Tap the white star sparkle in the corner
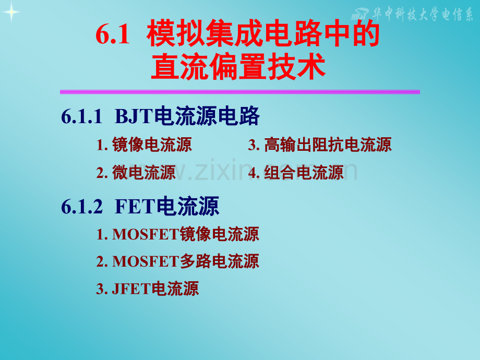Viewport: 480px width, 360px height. [x=11, y=12]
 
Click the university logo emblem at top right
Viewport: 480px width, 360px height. [x=360, y=14]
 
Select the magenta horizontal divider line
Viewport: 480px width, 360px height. [x=239, y=92]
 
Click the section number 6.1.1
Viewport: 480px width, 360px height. [x=81, y=117]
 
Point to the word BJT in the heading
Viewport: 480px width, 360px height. [x=134, y=117]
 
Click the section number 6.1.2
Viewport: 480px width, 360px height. [x=82, y=207]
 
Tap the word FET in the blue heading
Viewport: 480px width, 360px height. [x=136, y=207]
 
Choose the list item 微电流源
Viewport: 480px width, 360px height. [x=144, y=172]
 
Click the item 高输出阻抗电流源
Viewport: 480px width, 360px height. [x=328, y=145]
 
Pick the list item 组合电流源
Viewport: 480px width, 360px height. [x=304, y=172]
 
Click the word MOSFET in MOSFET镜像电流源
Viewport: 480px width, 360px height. [x=146, y=234]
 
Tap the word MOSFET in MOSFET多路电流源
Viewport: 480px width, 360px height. [x=146, y=261]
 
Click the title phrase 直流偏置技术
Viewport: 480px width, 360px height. [x=238, y=66]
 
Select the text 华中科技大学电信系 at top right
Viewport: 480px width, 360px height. [x=423, y=14]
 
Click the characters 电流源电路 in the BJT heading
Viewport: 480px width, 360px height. [x=207, y=116]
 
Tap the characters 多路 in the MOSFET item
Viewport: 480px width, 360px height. [x=196, y=261]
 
